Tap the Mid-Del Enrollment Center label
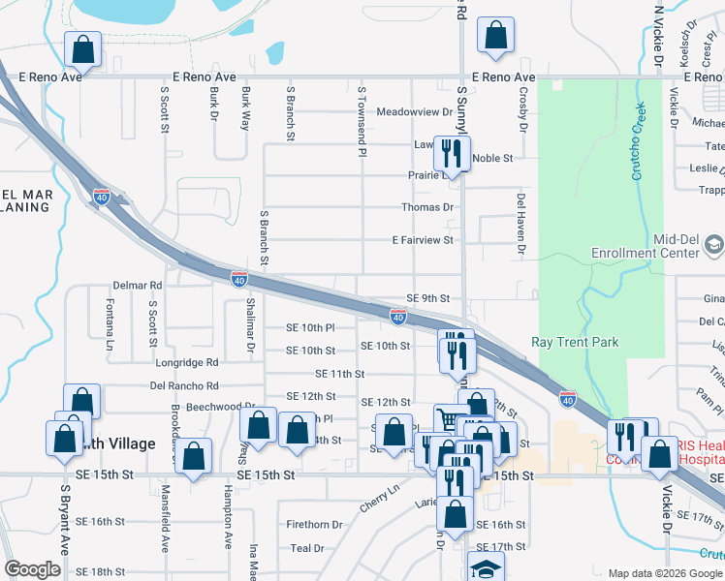click(x=646, y=246)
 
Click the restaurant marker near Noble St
click(x=452, y=152)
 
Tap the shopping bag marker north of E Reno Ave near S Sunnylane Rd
click(x=495, y=36)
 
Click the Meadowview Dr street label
click(x=415, y=111)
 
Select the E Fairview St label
click(x=423, y=240)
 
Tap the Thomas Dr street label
click(x=427, y=207)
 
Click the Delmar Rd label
click(x=137, y=286)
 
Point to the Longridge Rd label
click(x=185, y=362)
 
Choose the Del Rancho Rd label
click(x=181, y=384)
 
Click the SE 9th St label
click(x=428, y=298)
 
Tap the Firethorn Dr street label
click(x=315, y=525)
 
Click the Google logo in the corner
click(x=32, y=569)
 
